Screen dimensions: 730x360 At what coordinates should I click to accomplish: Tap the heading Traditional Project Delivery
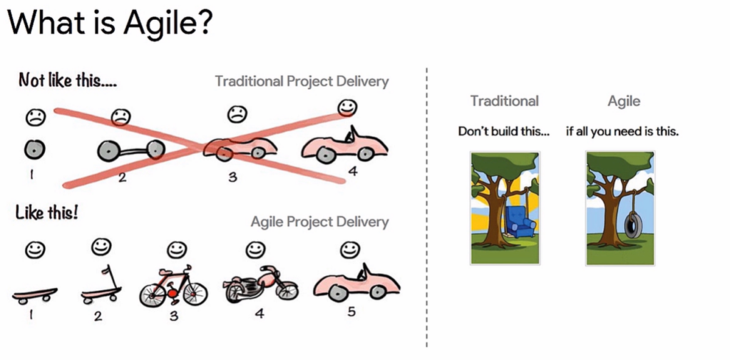tap(302, 81)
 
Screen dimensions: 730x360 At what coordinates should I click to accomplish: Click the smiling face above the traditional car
tap(347, 108)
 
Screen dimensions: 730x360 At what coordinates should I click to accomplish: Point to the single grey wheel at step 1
tap(34, 150)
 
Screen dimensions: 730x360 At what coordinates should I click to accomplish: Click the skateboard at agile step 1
tap(34, 295)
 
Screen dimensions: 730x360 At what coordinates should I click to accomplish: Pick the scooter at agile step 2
tap(101, 286)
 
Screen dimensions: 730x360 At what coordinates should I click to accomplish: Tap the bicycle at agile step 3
tap(173, 286)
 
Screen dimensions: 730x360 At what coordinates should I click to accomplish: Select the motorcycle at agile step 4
tap(260, 284)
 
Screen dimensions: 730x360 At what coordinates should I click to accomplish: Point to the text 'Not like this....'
tap(67, 81)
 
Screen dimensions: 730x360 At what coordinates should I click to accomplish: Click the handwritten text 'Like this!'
tap(46, 213)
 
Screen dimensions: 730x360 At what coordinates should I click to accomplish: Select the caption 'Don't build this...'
tap(504, 131)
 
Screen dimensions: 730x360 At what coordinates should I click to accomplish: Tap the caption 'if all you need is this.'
tap(622, 132)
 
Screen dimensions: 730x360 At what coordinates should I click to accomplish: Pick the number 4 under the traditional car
tap(353, 171)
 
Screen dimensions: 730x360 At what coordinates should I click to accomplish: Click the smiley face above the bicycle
tap(177, 250)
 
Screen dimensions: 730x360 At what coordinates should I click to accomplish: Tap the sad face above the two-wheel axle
tap(120, 116)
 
